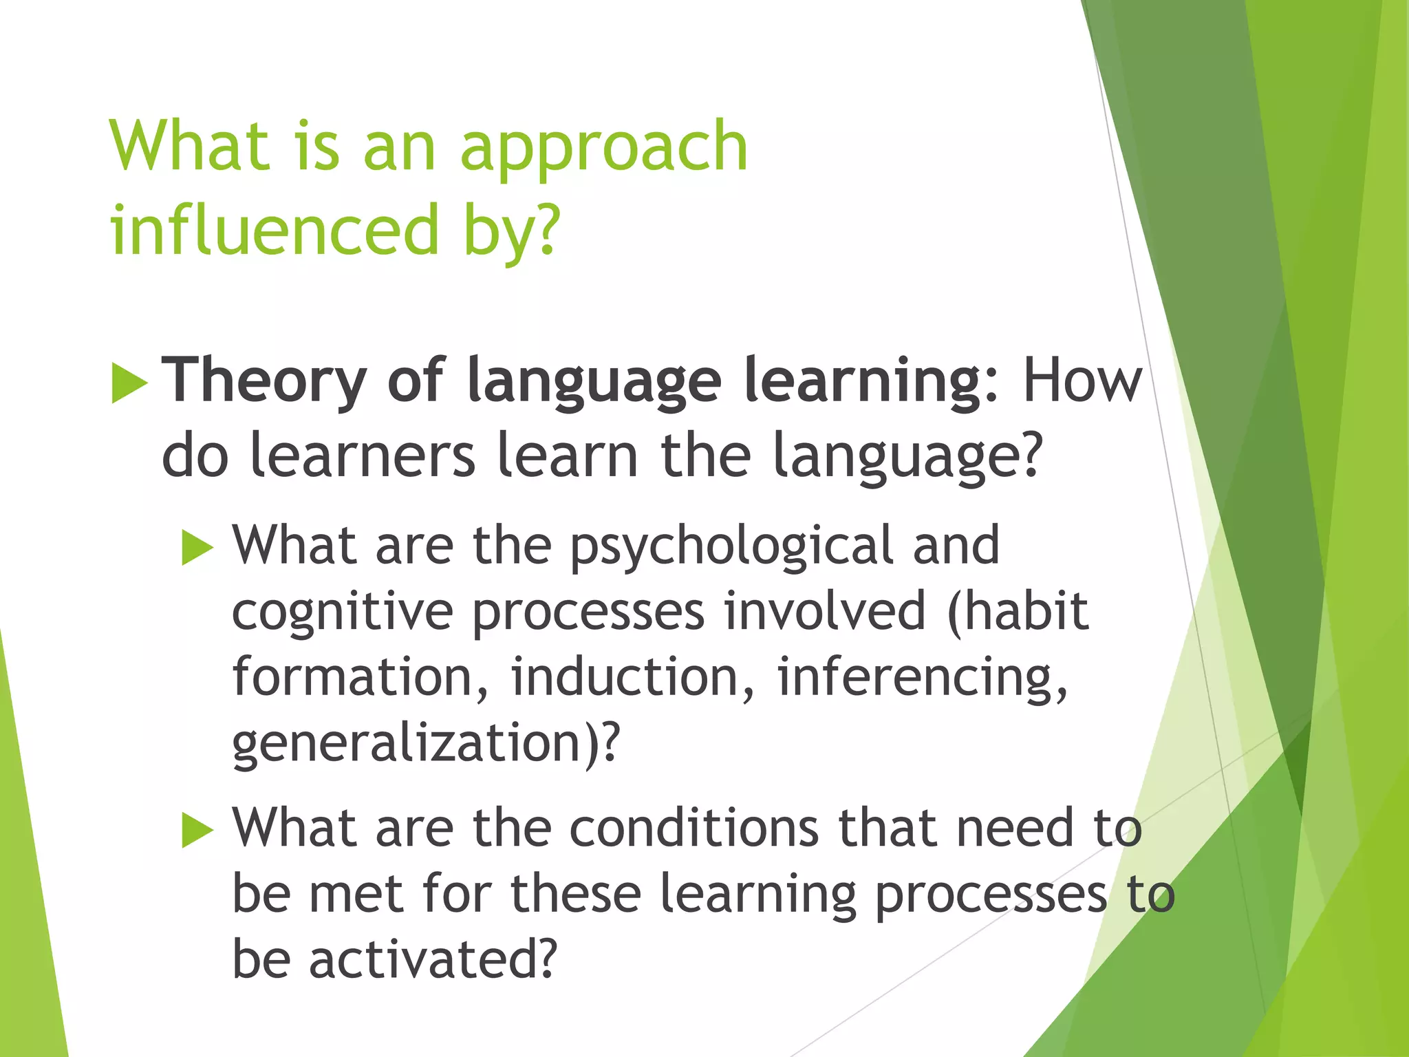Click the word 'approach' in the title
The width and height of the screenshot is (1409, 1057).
603,148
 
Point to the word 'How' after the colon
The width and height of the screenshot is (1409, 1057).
1082,381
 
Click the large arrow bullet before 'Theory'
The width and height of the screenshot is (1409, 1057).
129,383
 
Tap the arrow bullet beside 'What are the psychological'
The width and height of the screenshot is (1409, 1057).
198,549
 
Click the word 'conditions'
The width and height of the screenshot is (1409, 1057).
694,828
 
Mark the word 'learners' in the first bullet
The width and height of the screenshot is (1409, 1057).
362,456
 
